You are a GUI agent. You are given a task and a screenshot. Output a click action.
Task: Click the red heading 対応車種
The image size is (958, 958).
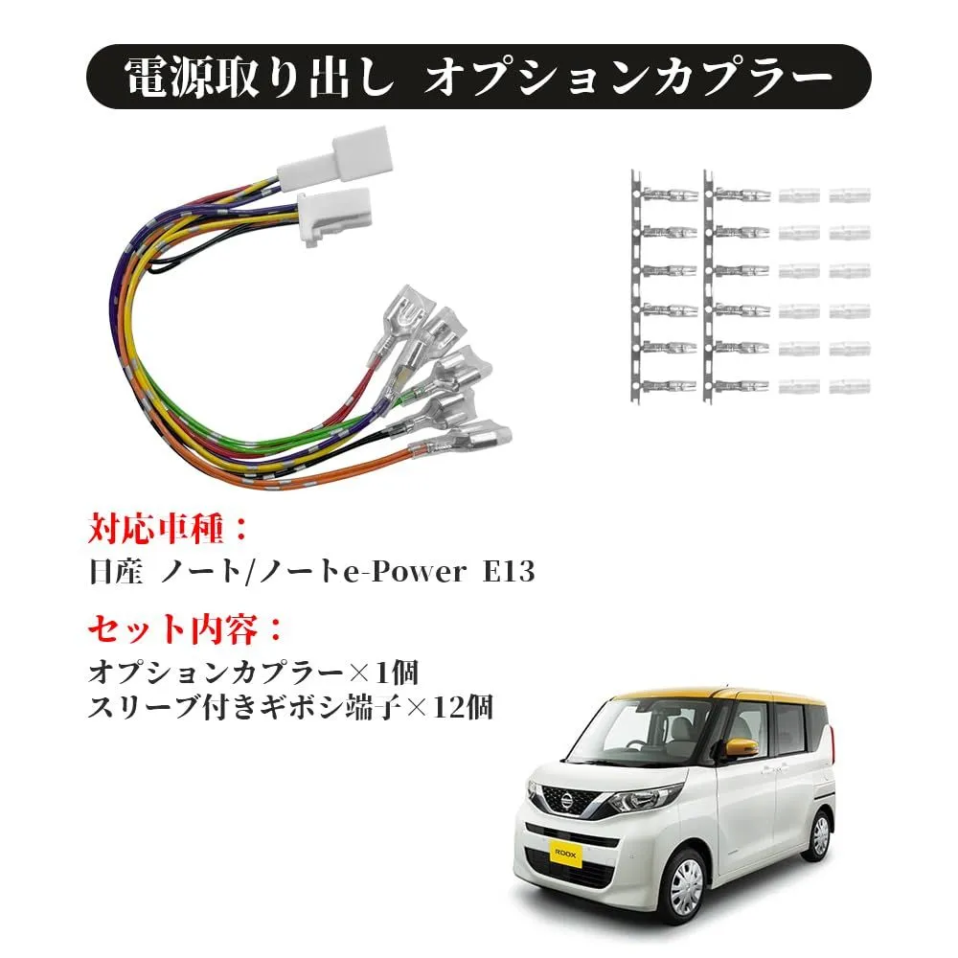[x=156, y=529]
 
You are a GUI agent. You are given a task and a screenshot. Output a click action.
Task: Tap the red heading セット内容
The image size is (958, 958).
[x=172, y=628]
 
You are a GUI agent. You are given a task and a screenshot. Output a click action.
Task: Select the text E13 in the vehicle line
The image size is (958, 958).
[x=509, y=572]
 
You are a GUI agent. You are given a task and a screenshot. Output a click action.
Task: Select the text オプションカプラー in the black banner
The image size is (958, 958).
[x=628, y=78]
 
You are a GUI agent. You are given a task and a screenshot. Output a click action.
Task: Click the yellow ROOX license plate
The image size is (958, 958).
[x=566, y=853]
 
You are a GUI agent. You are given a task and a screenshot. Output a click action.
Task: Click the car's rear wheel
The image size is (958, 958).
[x=821, y=835]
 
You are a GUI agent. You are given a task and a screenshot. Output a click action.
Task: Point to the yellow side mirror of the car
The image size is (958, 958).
[x=741, y=746]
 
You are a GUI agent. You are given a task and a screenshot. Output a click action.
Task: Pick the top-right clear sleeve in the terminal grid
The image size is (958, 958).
[x=850, y=194]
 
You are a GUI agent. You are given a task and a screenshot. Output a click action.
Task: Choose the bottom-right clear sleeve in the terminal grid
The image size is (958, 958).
[x=850, y=385]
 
